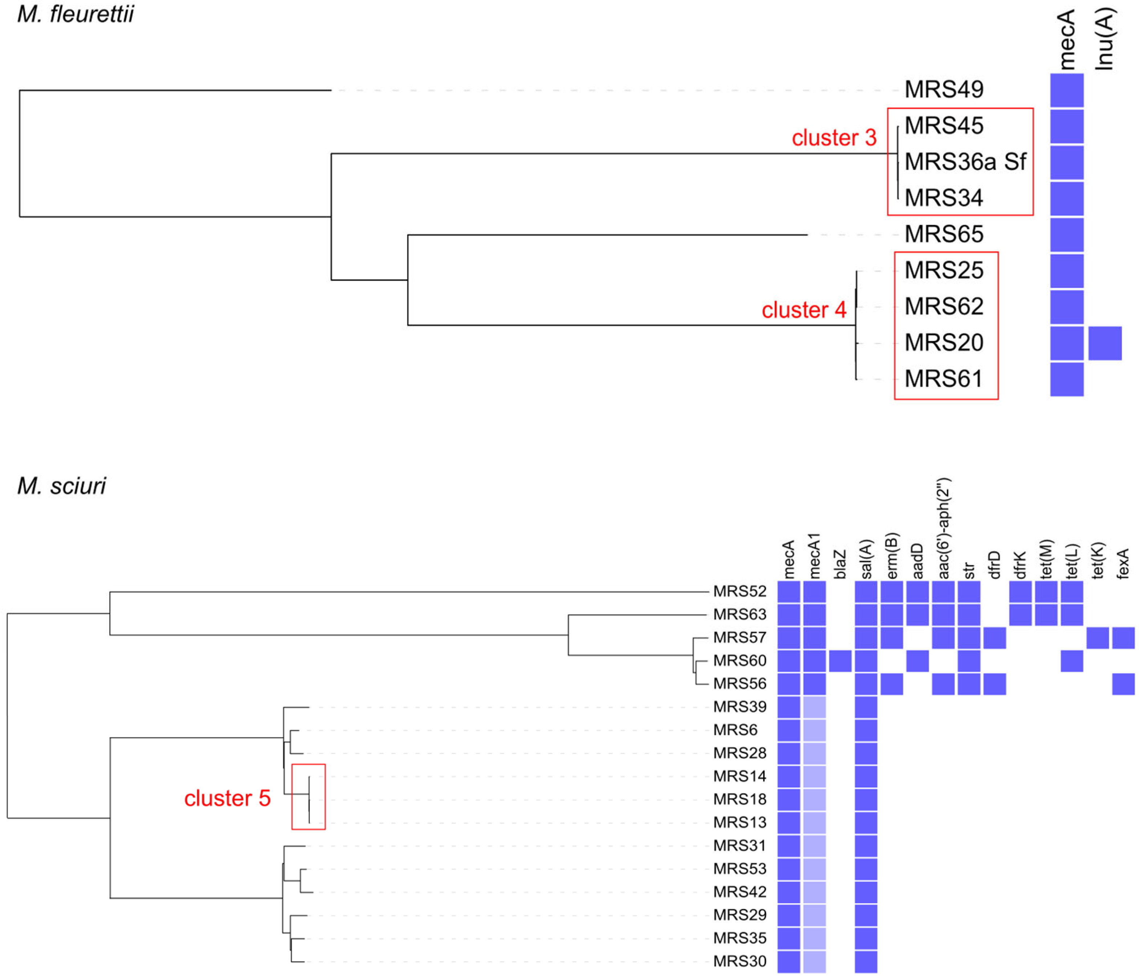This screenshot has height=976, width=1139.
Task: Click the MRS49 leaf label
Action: pyautogui.click(x=943, y=90)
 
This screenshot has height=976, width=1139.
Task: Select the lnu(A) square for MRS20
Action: pyautogui.click(x=1104, y=343)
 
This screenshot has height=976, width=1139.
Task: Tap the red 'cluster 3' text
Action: pyautogui.click(x=833, y=138)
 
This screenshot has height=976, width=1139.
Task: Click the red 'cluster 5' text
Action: pyautogui.click(x=227, y=798)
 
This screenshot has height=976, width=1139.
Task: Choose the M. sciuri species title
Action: pyautogui.click(x=62, y=486)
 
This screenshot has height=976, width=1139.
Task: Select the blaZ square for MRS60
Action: pyautogui.click(x=840, y=661)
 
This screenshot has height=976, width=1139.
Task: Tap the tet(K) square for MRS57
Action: pyautogui.click(x=1097, y=638)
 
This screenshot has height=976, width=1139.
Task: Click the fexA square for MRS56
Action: pyautogui.click(x=1123, y=684)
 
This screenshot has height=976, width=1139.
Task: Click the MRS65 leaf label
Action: pyautogui.click(x=943, y=234)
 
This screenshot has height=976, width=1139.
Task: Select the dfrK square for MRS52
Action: pyautogui.click(x=1020, y=591)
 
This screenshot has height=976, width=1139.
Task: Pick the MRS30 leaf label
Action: pyautogui.click(x=739, y=961)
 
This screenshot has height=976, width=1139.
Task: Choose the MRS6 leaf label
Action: pyautogui.click(x=735, y=730)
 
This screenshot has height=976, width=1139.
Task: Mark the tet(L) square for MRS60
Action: pyautogui.click(x=1071, y=661)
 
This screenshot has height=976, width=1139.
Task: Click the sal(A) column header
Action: pyautogui.click(x=866, y=559)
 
